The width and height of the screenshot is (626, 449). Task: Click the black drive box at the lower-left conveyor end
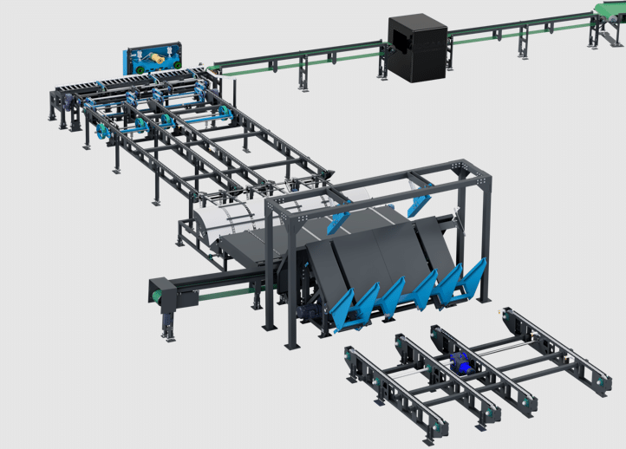(168, 295)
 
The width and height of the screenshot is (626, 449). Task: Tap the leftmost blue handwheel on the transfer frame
(103, 133)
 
